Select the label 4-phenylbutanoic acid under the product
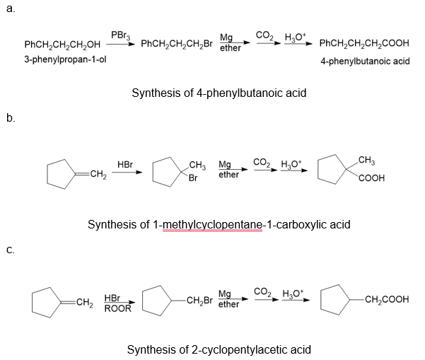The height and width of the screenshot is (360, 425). click(365, 62)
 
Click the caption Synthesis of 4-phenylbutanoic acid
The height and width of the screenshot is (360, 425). click(219, 93)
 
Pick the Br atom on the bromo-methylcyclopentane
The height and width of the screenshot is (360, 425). click(192, 178)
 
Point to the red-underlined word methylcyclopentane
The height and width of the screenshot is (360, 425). click(211, 224)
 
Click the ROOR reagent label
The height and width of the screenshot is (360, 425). click(117, 308)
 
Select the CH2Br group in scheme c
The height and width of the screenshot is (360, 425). click(197, 303)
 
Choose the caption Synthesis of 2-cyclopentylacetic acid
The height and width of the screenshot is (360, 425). click(219, 349)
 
